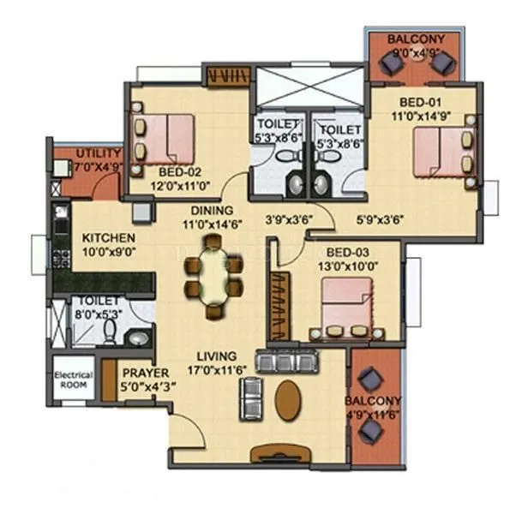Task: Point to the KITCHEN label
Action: coord(108,237)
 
